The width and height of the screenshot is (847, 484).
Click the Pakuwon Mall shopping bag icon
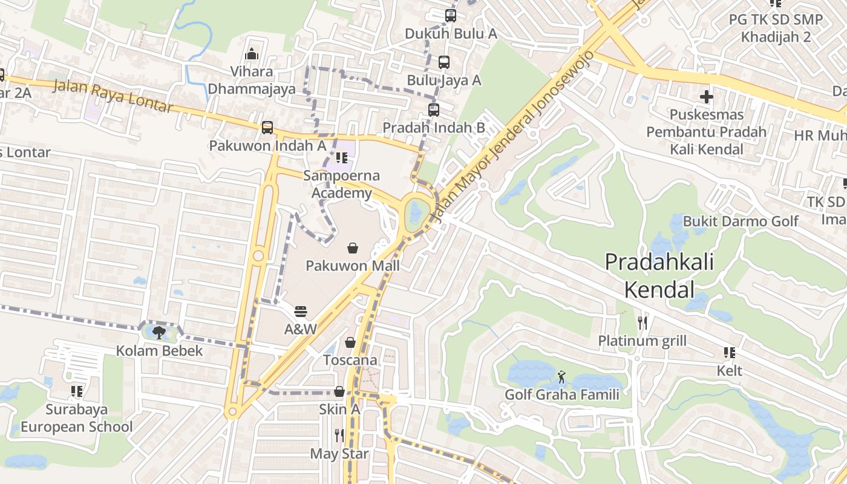(353, 247)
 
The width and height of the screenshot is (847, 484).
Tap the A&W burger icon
(301, 312)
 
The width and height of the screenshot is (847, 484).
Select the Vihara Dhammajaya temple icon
(252, 54)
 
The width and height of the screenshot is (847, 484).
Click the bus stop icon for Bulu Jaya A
(443, 62)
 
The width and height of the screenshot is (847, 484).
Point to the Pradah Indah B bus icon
(433, 110)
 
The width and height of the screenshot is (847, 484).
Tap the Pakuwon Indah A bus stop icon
(267, 128)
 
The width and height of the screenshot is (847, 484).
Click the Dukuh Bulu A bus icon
(450, 16)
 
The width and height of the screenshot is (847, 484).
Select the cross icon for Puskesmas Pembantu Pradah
(706, 96)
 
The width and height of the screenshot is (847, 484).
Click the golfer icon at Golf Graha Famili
(562, 377)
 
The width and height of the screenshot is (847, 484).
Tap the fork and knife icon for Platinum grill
(642, 323)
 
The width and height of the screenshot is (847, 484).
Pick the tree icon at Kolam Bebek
(159, 332)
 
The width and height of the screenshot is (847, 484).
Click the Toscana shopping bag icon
(350, 342)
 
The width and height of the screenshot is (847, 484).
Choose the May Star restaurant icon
(339, 435)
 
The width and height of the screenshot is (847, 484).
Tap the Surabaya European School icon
(76, 391)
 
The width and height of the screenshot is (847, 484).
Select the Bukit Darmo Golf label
(741, 221)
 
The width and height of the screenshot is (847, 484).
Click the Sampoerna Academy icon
(342, 158)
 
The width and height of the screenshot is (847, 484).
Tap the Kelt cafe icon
(729, 352)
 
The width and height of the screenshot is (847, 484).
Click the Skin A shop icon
(339, 391)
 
